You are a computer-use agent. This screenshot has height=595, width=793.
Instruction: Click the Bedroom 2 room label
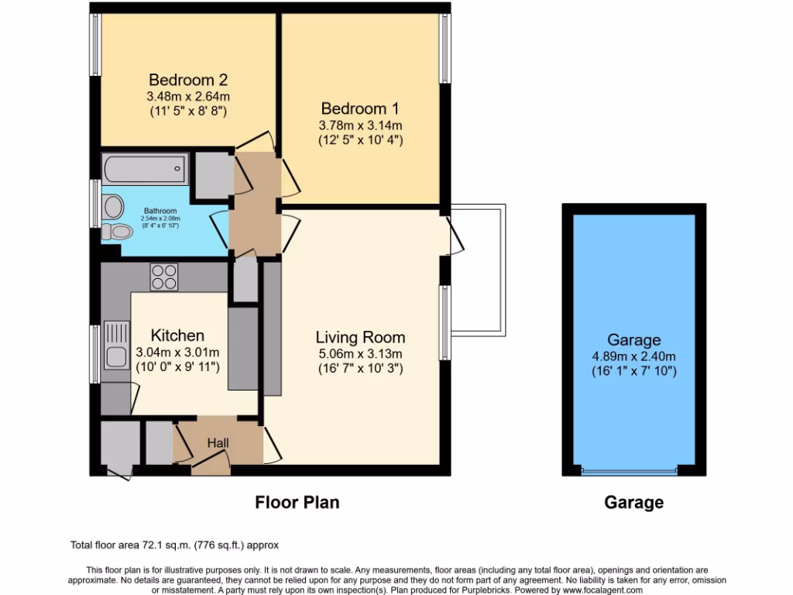click(x=187, y=80)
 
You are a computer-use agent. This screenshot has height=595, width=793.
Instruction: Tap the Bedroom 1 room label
click(x=360, y=108)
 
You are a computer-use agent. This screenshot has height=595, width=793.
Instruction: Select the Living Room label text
click(x=360, y=337)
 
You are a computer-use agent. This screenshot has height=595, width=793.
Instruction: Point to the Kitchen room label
click(x=177, y=335)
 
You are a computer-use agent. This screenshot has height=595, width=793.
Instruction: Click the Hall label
click(x=218, y=442)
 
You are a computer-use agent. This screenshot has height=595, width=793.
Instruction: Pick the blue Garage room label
click(x=633, y=339)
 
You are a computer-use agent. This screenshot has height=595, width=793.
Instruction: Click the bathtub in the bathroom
click(x=145, y=167)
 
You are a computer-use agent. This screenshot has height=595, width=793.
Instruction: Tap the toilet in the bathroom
click(x=115, y=231)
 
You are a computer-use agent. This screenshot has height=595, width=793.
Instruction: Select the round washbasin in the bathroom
click(x=114, y=206)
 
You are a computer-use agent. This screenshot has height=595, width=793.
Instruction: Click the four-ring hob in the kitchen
click(x=163, y=277)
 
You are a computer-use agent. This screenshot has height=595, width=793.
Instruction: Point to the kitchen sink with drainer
click(x=116, y=346)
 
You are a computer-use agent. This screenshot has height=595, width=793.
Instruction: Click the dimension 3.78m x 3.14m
click(x=360, y=125)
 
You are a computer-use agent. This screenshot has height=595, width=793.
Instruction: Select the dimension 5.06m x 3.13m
click(x=360, y=354)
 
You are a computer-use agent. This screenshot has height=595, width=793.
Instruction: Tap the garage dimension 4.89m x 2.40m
click(x=633, y=356)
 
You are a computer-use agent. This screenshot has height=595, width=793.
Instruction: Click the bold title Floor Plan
click(x=297, y=503)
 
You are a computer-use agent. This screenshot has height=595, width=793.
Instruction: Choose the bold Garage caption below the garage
click(x=633, y=503)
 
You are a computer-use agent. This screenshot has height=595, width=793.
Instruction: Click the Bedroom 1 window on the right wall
click(x=445, y=48)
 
